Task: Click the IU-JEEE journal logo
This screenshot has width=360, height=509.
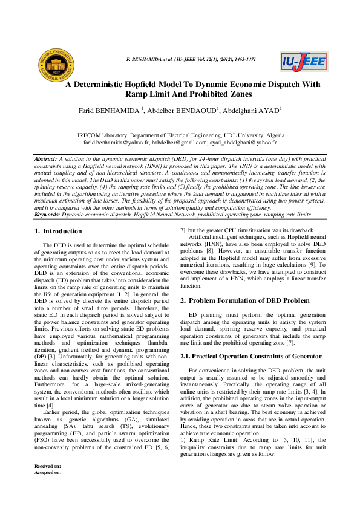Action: (x=304, y=62)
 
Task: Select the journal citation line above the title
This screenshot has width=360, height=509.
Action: (x=189, y=60)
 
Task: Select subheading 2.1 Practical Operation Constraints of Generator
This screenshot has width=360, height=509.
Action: (x=251, y=357)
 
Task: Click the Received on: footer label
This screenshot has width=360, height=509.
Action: (x=48, y=484)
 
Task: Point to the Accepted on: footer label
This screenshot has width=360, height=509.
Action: (x=48, y=490)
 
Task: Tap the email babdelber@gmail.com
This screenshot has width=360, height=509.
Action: (x=178, y=143)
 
